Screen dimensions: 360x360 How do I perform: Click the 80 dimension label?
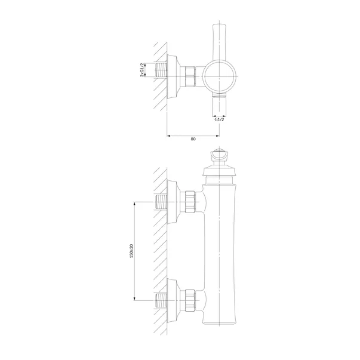coord(193,139)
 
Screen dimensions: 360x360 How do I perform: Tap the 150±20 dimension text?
coord(131,251)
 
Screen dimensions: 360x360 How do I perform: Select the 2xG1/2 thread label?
coord(142,70)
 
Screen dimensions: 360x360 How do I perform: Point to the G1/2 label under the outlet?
coord(219,119)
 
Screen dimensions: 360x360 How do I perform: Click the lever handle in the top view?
coord(220,42)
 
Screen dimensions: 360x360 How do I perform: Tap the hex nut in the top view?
coord(190,76)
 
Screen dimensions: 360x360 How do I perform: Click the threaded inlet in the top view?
coord(161,70)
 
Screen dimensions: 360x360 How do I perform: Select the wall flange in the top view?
coord(174,76)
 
